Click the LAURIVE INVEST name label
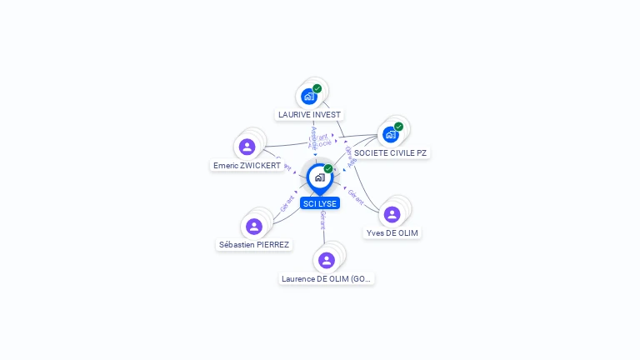click(309, 115)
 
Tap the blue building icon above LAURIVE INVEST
click(309, 96)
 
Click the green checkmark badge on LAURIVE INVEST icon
click(317, 88)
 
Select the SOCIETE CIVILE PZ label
click(390, 153)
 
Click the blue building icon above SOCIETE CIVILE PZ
click(390, 134)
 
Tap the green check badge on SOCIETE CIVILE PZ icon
click(398, 127)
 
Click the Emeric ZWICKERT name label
click(247, 166)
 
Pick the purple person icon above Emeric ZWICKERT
click(247, 147)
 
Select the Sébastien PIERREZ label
click(254, 245)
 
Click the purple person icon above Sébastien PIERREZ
click(254, 226)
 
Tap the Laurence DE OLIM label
click(327, 279)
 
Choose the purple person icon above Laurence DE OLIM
click(327, 260)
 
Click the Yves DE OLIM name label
click(392, 233)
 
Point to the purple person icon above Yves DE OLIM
click(392, 214)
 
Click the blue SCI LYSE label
click(320, 203)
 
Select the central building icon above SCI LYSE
click(319, 177)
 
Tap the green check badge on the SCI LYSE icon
click(328, 169)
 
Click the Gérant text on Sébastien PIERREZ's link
click(287, 202)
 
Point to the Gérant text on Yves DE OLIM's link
click(355, 197)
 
